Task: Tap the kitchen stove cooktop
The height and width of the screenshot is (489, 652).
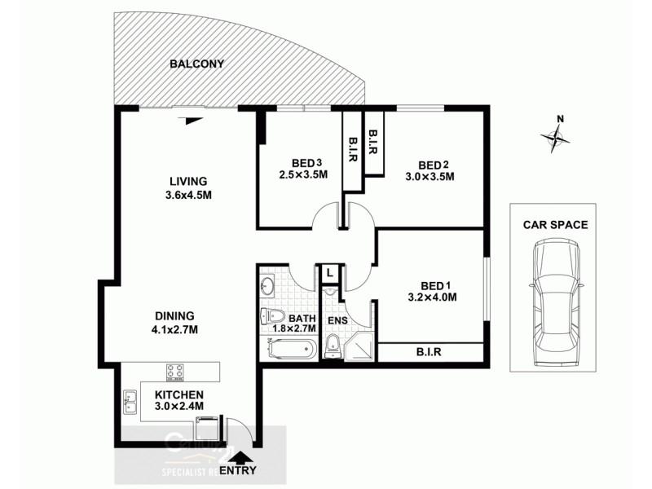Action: [x=175, y=371]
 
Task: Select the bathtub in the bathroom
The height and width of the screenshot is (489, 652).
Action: [x=292, y=350]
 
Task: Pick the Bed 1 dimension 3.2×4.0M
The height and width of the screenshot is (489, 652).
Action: [x=432, y=297]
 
